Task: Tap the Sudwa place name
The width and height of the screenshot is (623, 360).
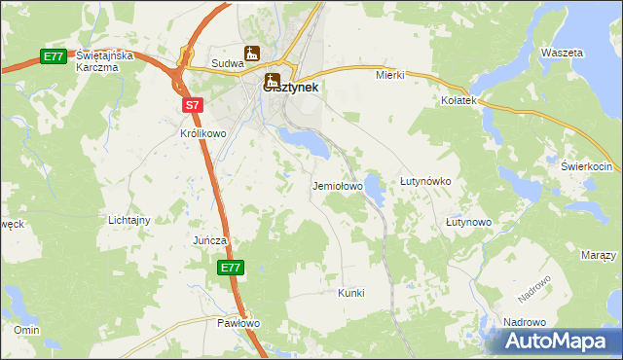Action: (227, 64)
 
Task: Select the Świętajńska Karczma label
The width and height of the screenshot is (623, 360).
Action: (102, 62)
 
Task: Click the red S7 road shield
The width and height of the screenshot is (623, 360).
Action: (191, 102)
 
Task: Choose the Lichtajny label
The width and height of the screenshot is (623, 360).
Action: (128, 220)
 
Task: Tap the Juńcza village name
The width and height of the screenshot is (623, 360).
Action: (209, 239)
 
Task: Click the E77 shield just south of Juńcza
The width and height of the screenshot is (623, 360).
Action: (230, 267)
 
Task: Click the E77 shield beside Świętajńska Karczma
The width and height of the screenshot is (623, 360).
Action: (54, 57)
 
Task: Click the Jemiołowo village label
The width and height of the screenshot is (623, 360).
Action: (337, 185)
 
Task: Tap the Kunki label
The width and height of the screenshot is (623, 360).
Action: (350, 292)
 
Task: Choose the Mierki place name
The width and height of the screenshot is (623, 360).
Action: (389, 74)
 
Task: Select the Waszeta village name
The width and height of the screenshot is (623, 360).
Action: (562, 52)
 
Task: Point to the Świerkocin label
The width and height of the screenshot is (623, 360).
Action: (585, 166)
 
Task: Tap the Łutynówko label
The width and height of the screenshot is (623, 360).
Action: (425, 181)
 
